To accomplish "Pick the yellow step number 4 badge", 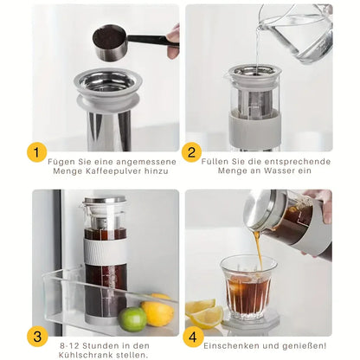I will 192,336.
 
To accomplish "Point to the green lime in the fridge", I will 132,318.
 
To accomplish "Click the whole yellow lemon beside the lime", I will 157,312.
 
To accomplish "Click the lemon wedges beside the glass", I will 202,313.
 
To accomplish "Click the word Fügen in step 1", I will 62,160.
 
